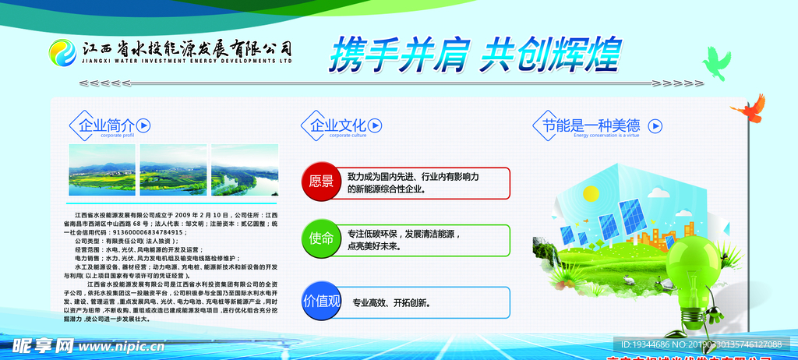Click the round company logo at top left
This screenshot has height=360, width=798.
(62, 53)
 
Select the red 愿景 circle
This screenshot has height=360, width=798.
(321, 182)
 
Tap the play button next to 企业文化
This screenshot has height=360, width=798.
(375, 125)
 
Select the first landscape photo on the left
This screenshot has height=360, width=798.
(102, 169)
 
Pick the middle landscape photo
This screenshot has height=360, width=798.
(173, 169)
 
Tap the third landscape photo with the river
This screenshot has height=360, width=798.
(245, 169)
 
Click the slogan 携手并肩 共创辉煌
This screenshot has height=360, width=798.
(475, 55)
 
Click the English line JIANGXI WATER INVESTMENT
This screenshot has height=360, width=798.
(187, 60)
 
